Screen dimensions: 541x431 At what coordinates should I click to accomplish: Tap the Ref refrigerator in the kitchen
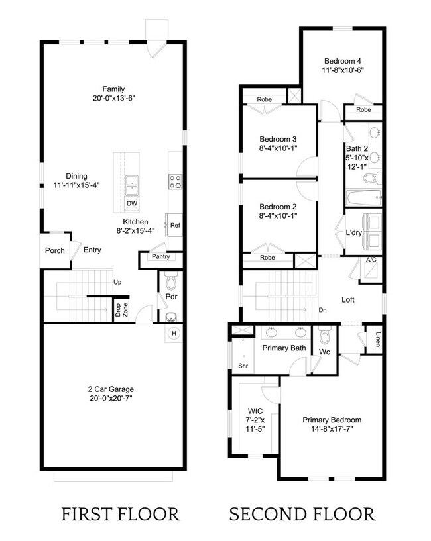click(175, 226)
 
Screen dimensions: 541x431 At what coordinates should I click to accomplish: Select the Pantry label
click(160, 257)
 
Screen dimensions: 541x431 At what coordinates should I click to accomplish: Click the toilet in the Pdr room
click(171, 284)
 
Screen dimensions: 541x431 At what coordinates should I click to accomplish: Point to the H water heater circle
click(174, 333)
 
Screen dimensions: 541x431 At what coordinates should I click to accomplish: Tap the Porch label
click(54, 251)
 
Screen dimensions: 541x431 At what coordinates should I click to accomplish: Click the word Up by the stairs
click(118, 283)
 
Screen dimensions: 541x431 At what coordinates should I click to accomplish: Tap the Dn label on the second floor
click(322, 309)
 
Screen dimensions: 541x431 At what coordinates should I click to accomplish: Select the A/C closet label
click(371, 260)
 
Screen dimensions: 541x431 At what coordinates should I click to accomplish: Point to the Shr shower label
click(242, 365)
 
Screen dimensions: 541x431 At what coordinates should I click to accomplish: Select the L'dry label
click(353, 232)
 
